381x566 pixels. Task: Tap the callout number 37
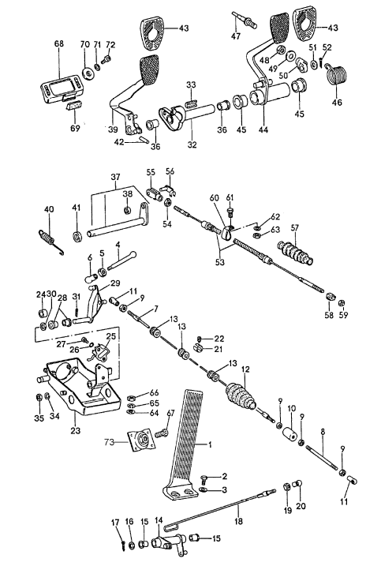[115, 178]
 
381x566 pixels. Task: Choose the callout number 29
[116, 283]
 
